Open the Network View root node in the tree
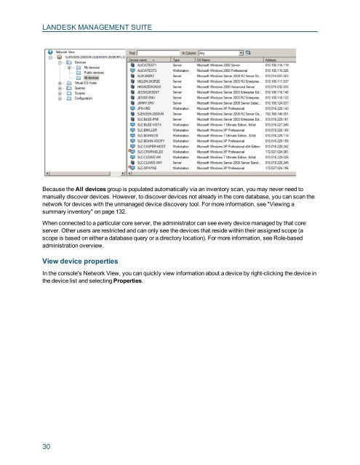click(65, 52)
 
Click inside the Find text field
click(156, 52)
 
